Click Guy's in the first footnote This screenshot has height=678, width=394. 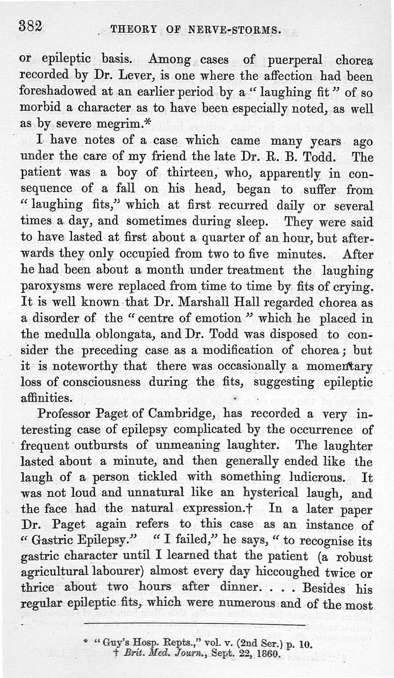(117, 644)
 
